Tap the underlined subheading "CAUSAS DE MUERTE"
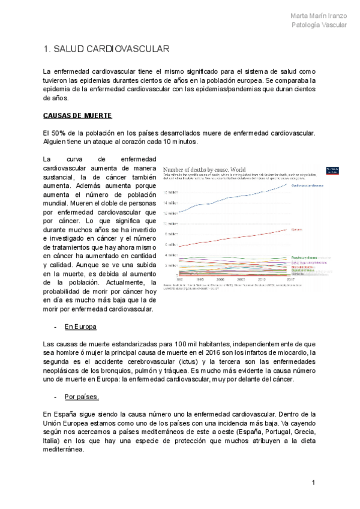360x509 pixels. [x=77, y=115]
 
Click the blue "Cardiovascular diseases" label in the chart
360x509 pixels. [x=309, y=185]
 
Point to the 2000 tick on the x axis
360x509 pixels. [x=220, y=279]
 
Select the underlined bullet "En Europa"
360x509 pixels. [x=80, y=327]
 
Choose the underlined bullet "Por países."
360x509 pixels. [x=82, y=397]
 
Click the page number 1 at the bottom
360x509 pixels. [x=313, y=483]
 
